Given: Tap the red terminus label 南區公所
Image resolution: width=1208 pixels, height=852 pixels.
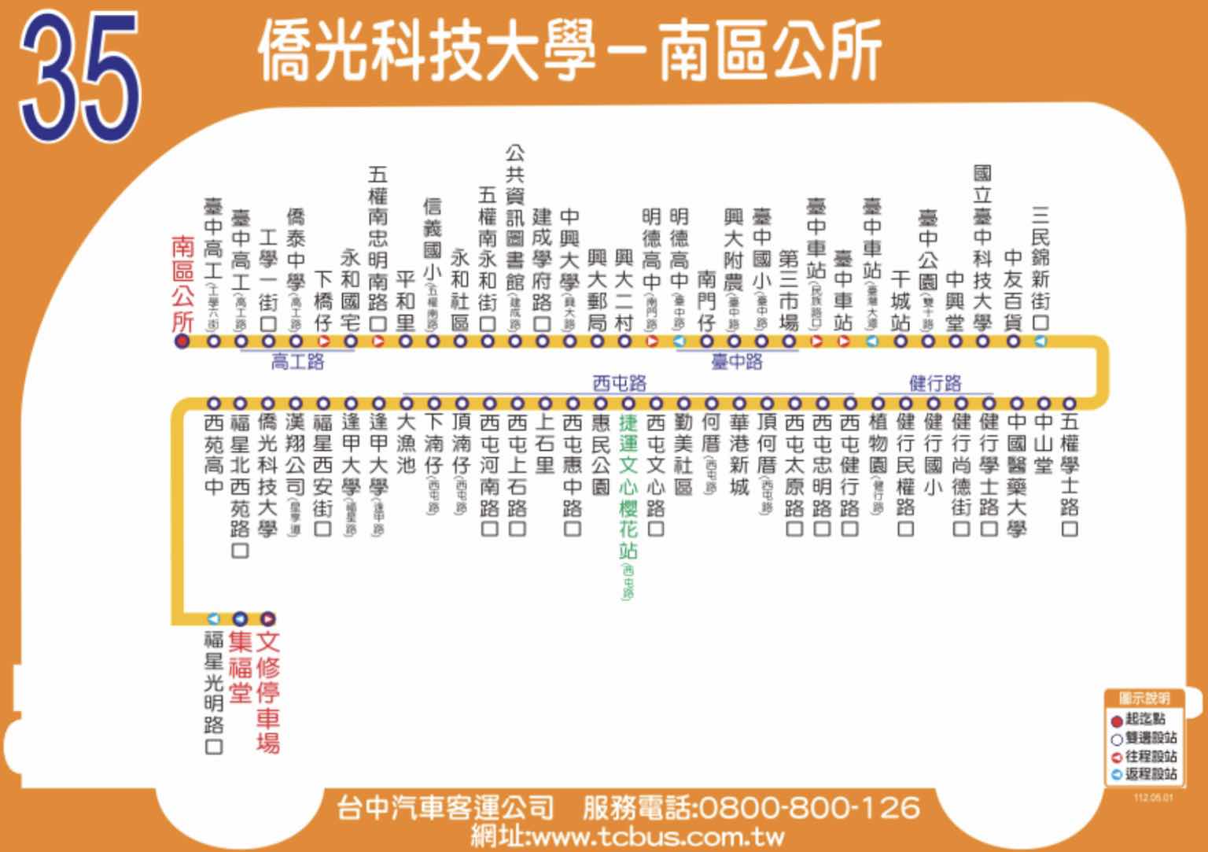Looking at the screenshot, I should pos(182,284).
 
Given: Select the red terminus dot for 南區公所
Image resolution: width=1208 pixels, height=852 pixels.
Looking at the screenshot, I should pos(182,341).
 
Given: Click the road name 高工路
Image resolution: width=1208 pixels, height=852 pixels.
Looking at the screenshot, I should pos(297,363).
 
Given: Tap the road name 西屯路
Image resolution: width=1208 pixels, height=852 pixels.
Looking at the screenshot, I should pos(619,383).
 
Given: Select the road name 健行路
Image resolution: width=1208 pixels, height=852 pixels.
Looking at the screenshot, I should pos(935,383).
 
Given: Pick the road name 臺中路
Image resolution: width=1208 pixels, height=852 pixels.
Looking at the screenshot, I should pos(737,362).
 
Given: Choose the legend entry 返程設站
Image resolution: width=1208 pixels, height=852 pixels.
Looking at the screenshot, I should pos(1144,774).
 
